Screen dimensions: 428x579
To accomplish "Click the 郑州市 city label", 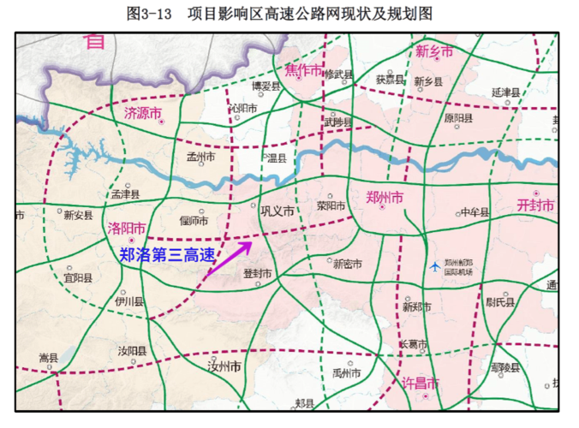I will [384, 198].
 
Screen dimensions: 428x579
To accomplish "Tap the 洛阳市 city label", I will [127, 229].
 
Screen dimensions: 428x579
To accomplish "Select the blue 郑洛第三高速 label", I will [166, 254].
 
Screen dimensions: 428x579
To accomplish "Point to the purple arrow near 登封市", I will [228, 259].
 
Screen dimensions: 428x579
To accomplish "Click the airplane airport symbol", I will [438, 265].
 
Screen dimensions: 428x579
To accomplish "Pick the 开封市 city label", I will [535, 205].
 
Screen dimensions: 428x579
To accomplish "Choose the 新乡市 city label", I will [434, 51].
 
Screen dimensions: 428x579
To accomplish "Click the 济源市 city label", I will [143, 113].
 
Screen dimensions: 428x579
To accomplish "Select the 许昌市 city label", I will [421, 383].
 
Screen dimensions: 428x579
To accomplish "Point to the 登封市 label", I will [257, 273].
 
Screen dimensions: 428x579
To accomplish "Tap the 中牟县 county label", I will [475, 212].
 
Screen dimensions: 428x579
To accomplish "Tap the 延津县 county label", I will [506, 91].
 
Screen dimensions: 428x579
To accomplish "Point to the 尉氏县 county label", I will [501, 302].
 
